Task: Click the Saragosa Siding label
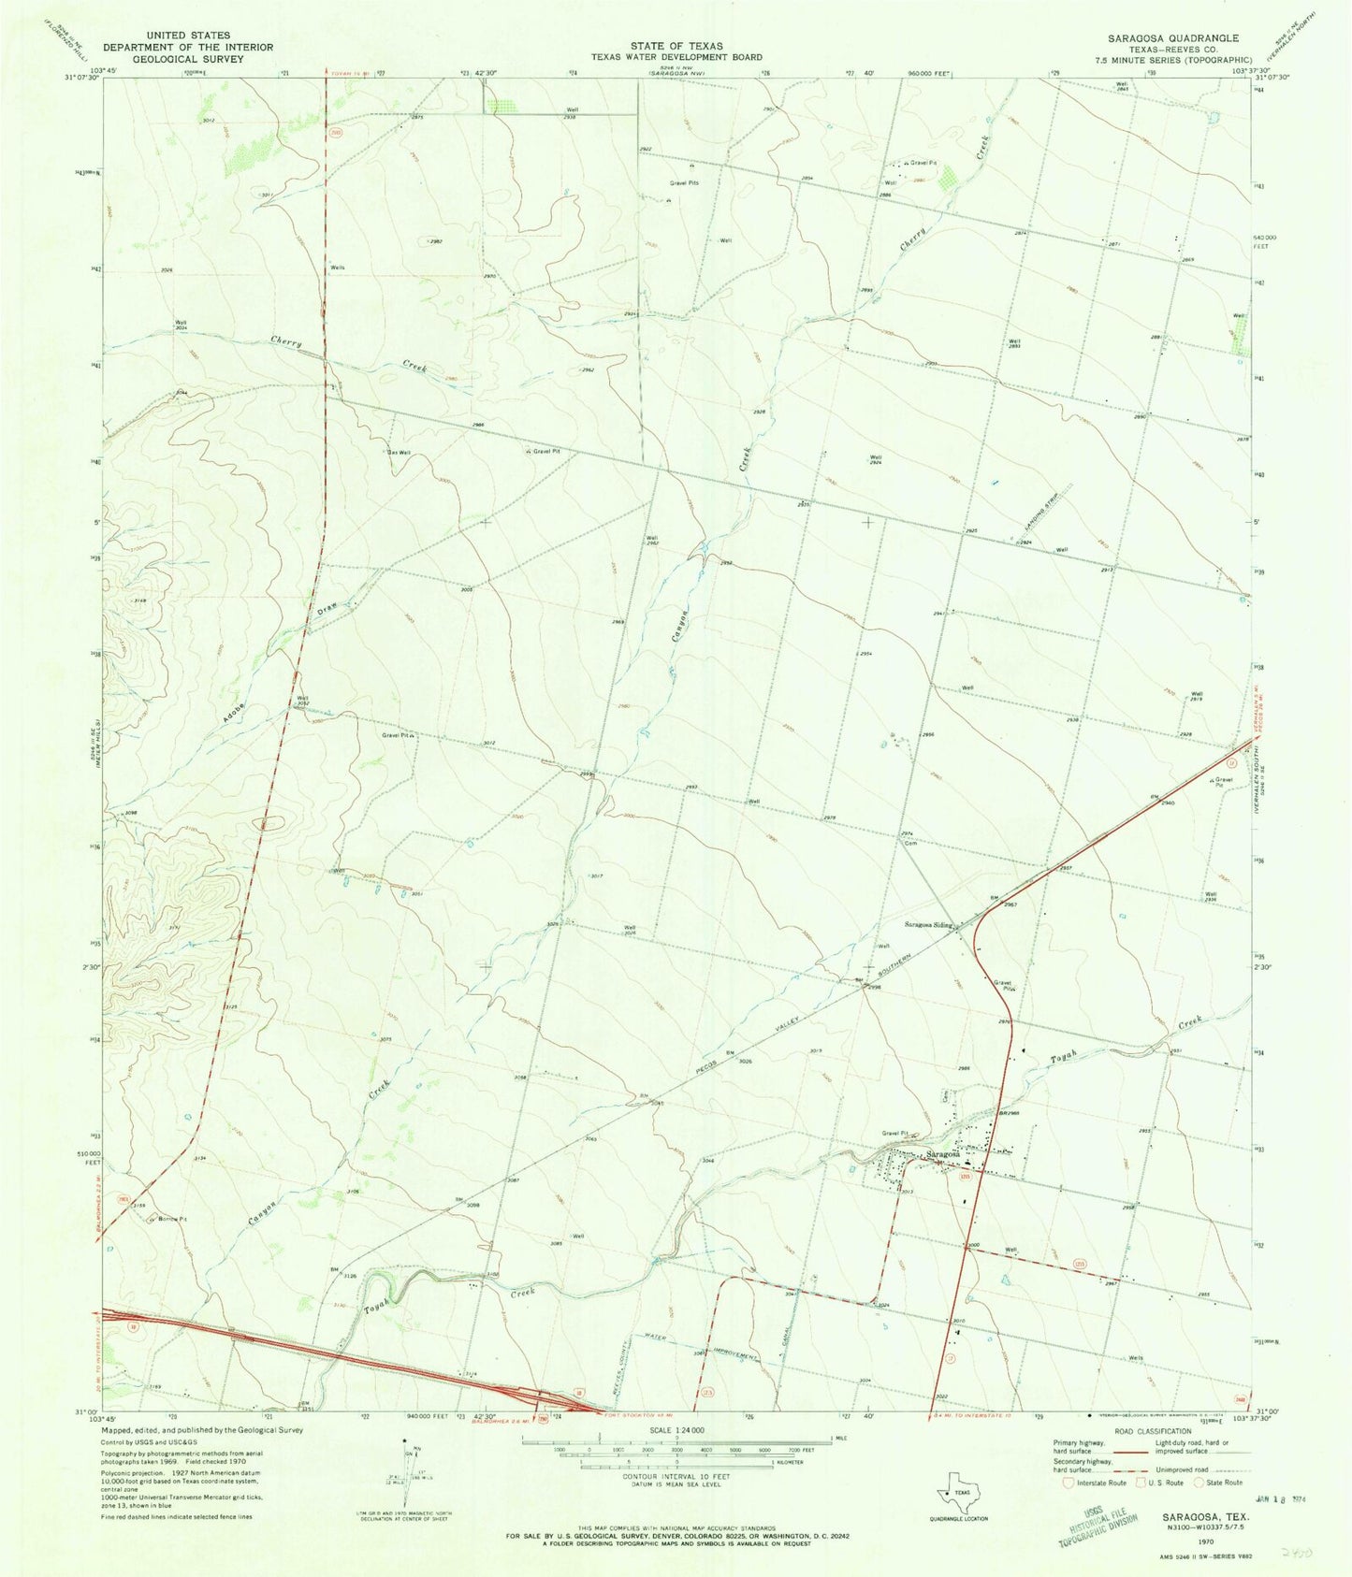point(927,925)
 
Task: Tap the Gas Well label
point(400,453)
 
